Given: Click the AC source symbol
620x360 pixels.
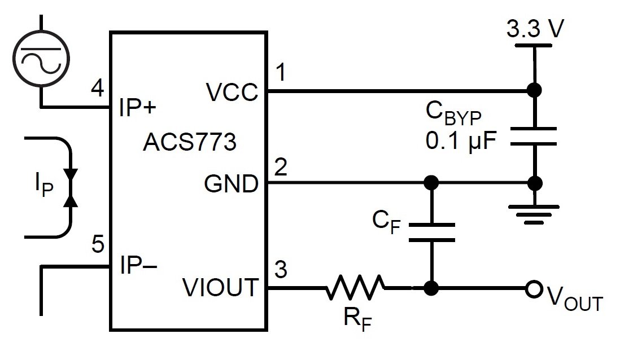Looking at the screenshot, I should point(41,59).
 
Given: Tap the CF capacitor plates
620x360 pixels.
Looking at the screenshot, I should point(431,232).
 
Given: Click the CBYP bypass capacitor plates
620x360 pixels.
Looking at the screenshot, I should point(533,136).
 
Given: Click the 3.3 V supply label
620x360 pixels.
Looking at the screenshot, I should point(534,29).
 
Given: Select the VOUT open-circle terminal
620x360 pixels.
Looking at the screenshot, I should point(532,289).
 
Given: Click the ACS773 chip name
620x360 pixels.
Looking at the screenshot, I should point(189,142).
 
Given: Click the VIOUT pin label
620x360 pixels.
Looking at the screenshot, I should point(220,288).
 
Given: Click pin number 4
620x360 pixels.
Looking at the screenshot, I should point(97,89).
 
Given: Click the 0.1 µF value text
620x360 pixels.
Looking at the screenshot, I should point(460,139).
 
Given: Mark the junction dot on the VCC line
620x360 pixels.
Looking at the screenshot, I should point(532,90).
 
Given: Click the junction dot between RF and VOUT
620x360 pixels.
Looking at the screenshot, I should point(431,288).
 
